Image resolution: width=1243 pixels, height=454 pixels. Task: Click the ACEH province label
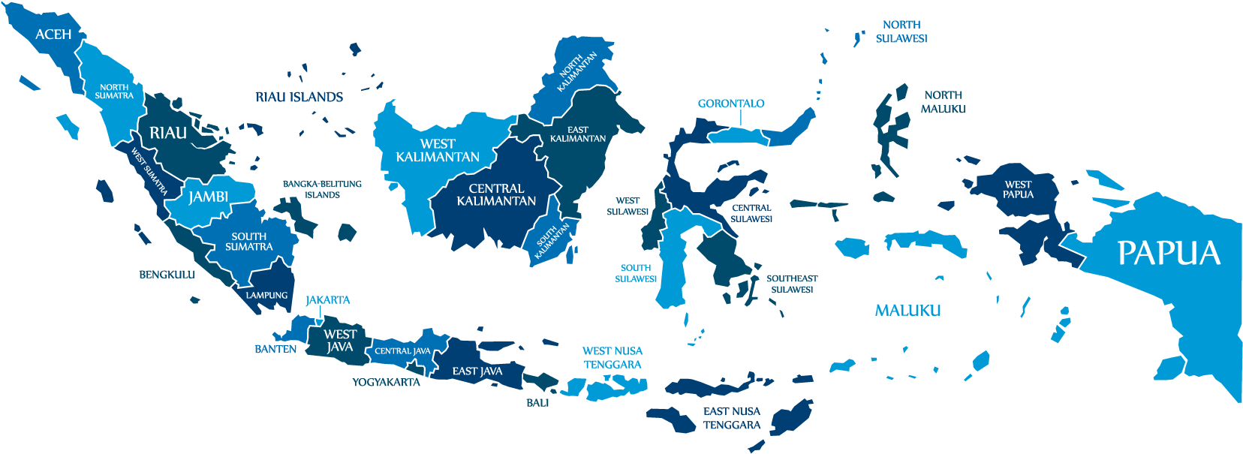click(53, 35)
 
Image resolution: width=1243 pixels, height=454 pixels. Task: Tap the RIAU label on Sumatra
click(168, 133)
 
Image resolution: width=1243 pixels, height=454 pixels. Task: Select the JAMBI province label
click(208, 197)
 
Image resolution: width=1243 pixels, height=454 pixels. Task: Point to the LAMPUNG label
click(266, 295)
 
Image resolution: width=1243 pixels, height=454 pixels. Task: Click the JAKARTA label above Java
click(327, 299)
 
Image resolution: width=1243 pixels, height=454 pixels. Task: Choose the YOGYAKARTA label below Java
click(386, 382)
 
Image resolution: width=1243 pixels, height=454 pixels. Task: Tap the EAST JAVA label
click(477, 371)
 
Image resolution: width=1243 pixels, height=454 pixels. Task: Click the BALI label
click(537, 402)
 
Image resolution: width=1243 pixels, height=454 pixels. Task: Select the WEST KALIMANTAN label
click(438, 150)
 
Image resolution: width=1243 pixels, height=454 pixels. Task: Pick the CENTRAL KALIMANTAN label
click(496, 194)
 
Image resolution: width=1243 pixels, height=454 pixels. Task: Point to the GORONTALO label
click(730, 104)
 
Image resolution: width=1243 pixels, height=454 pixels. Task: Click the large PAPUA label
click(1169, 253)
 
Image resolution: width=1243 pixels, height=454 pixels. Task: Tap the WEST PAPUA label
click(1018, 189)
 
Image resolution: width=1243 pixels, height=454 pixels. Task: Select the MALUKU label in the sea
click(907, 310)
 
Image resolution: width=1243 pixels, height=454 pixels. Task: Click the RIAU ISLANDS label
click(299, 97)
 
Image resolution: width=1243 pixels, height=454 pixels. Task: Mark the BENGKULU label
click(167, 275)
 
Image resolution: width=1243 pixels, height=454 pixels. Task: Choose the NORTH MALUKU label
click(943, 102)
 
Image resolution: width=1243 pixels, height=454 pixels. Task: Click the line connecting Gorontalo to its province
click(740, 118)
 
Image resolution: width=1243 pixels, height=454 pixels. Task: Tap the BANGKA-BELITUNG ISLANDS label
click(322, 189)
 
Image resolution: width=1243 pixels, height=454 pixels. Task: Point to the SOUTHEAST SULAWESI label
click(792, 284)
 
